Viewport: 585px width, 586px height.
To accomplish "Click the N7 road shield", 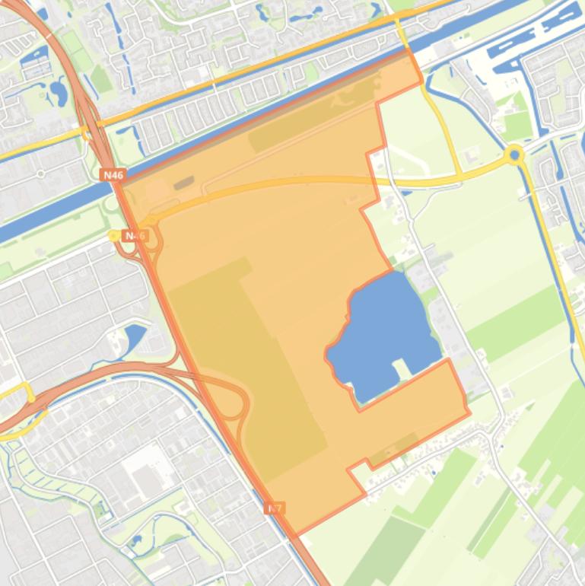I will pyautogui.click(x=275, y=508).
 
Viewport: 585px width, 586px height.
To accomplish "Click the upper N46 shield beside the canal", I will pyautogui.click(x=112, y=175).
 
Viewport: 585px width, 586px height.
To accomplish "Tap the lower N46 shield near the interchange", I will pyautogui.click(x=135, y=236).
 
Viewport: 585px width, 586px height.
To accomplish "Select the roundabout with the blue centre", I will pyautogui.click(x=515, y=156).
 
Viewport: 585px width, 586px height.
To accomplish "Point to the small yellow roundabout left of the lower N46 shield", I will pyautogui.click(x=114, y=236).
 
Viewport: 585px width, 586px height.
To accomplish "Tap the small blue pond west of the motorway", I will pyautogui.click(x=134, y=336).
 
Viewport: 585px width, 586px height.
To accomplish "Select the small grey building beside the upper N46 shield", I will pyautogui.click(x=183, y=183).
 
